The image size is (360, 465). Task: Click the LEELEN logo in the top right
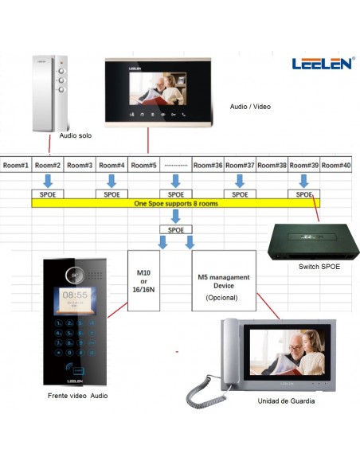click(323, 63)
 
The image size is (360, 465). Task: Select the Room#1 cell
click(16, 165)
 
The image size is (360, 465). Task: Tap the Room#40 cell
click(336, 165)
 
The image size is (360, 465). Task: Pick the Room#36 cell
click(208, 165)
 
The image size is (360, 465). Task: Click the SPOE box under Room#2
click(48, 194)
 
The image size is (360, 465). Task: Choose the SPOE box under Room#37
click(240, 194)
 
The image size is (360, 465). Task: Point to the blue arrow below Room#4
click(112, 181)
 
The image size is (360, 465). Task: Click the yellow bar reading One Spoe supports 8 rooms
click(176, 204)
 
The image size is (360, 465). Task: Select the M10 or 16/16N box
click(143, 280)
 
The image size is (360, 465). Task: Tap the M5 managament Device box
click(224, 280)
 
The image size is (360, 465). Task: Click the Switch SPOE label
click(319, 266)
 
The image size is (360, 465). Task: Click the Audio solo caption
click(76, 135)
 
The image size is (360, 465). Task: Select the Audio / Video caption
click(250, 107)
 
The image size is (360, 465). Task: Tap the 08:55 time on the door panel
click(75, 295)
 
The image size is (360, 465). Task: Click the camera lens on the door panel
click(74, 275)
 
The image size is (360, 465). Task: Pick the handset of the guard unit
click(230, 352)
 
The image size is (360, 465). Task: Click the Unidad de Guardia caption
click(286, 401)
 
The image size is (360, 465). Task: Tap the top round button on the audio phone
click(61, 71)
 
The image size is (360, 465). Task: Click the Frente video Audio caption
click(78, 396)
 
